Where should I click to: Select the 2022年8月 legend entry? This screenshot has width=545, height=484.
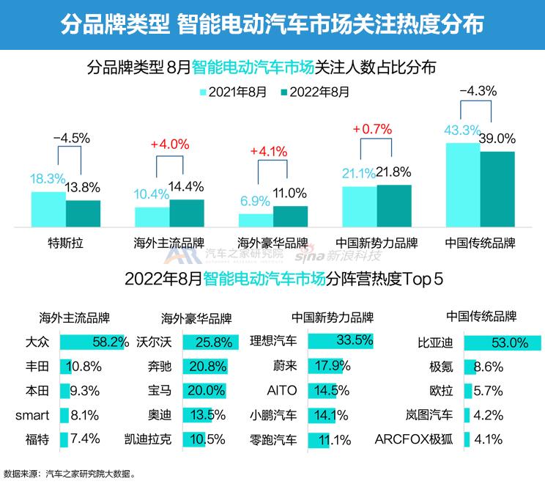pos(315,92)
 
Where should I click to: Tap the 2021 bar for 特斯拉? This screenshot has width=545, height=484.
pos(48,210)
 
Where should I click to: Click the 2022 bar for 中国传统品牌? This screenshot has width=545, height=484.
pos(497,190)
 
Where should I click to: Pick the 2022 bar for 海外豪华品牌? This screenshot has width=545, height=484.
pos(291,216)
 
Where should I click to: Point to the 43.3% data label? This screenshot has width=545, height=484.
pos(461,130)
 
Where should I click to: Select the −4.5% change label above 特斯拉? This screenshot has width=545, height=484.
pos(70,138)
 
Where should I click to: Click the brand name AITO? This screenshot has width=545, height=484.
pos(282,391)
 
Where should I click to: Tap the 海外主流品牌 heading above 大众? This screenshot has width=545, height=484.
pos(74,318)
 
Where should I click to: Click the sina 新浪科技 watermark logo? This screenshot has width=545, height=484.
pos(338,256)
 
